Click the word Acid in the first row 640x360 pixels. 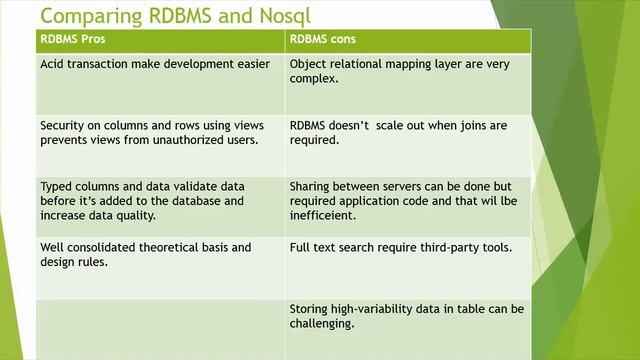click(53, 65)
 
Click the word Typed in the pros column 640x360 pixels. click(56, 186)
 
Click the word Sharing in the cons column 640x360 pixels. click(312, 186)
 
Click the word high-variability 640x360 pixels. click(376, 308)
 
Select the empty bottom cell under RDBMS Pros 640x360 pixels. click(160, 328)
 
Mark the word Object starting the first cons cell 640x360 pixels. click(309, 65)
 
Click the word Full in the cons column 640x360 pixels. click(301, 247)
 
